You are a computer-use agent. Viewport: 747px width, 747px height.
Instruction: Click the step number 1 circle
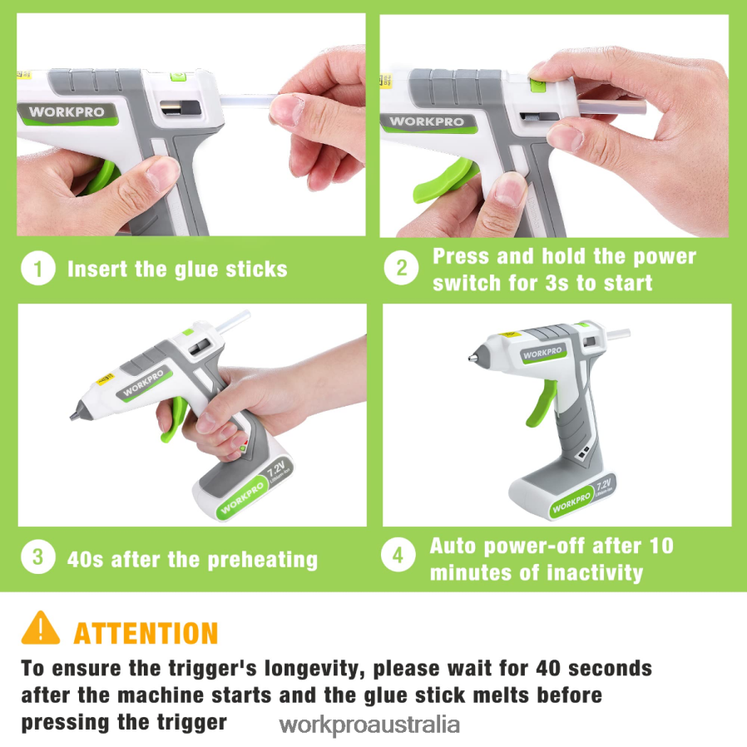point(38,268)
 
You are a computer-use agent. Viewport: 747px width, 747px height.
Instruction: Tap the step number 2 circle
point(401,268)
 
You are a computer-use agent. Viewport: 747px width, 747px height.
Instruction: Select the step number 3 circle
point(38,557)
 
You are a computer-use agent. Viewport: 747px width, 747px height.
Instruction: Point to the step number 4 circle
point(398,555)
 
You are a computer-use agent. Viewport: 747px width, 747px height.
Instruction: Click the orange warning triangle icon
point(41,629)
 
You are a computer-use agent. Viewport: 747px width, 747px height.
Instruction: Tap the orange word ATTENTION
point(146,634)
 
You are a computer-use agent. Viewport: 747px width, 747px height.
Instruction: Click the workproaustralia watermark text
point(369,725)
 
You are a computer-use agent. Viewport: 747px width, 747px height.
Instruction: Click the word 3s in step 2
point(557,283)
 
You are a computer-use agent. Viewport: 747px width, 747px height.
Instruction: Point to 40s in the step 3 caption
point(85,560)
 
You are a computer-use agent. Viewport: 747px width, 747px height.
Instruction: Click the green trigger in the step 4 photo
point(542,403)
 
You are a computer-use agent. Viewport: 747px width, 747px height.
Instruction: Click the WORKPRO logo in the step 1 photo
point(67,113)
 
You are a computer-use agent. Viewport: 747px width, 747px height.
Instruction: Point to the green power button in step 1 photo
point(178,77)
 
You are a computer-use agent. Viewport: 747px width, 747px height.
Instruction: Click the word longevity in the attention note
point(310,670)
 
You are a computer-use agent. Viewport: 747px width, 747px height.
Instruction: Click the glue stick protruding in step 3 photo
point(233,320)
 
